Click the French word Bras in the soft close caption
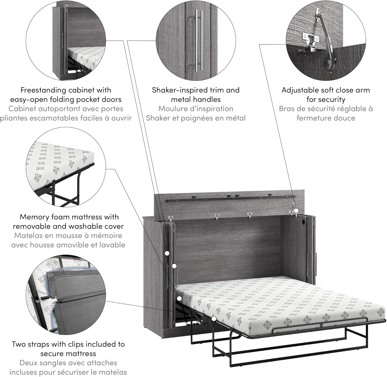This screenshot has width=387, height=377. pyautogui.click(x=287, y=109)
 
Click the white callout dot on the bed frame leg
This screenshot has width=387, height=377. pyautogui.click(x=214, y=319)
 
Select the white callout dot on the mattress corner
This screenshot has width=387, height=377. pyautogui.click(x=180, y=298)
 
